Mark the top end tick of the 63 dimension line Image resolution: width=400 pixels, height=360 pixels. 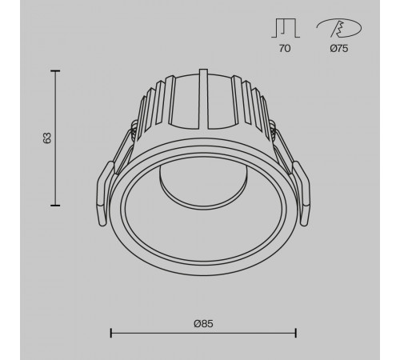pos(56,71)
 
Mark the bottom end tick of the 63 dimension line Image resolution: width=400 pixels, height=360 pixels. pos(56,205)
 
